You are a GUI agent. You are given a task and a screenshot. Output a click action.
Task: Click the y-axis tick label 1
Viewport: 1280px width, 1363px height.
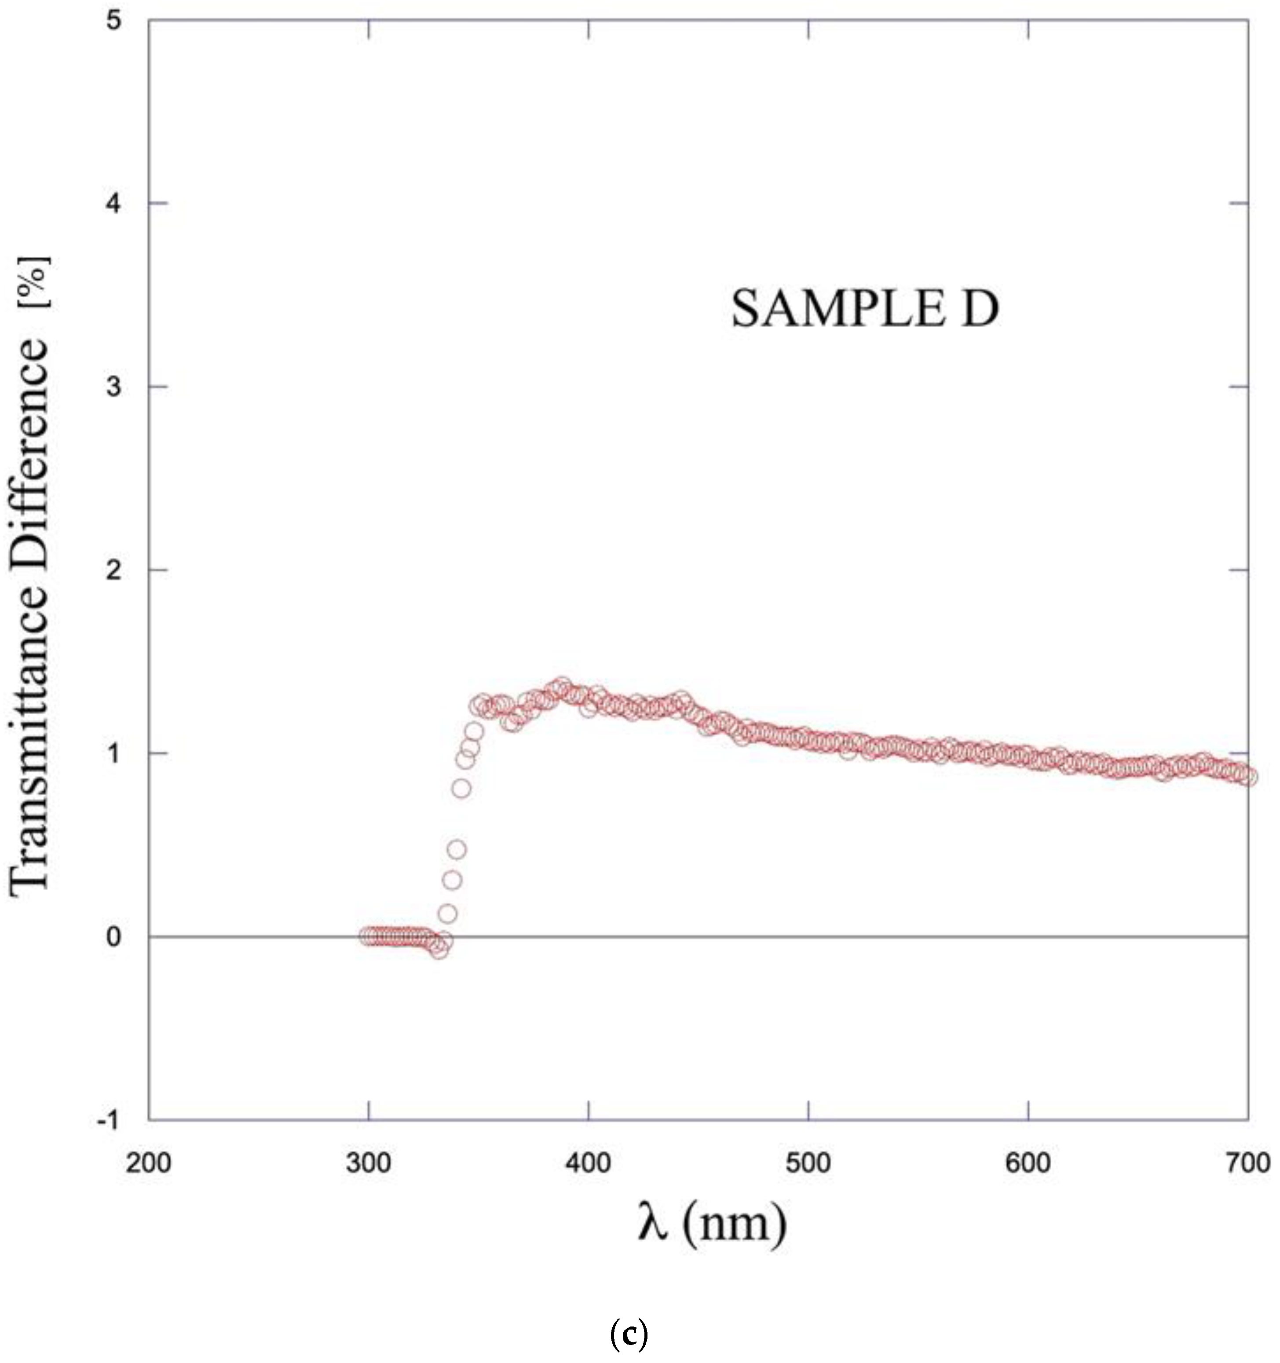(x=113, y=753)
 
